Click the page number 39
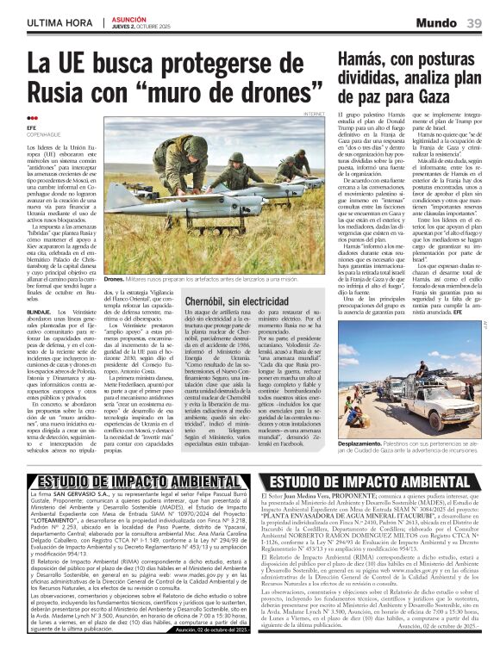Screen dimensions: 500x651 click(474, 23)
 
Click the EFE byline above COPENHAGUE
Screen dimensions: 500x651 click(33, 127)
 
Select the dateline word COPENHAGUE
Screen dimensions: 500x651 click(44, 134)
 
